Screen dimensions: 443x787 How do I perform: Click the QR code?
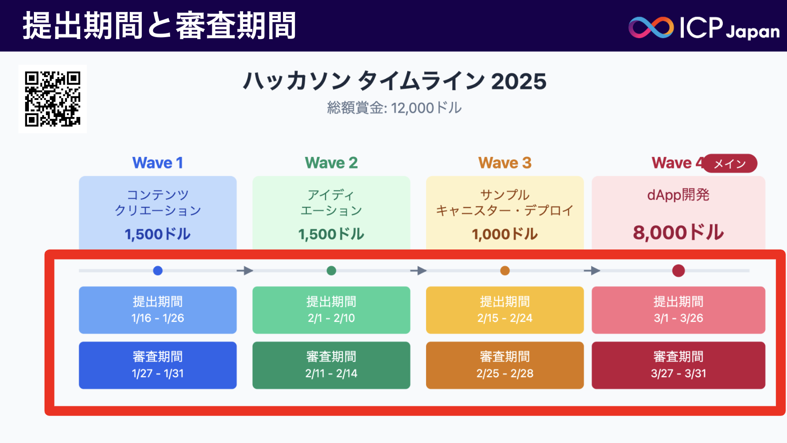[53, 99]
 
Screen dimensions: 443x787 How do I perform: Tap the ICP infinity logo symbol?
[651, 28]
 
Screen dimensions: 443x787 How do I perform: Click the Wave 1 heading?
[157, 163]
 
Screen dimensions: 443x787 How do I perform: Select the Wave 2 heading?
[331, 163]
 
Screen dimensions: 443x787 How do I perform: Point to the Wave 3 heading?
[504, 163]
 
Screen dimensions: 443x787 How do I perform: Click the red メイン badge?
[730, 164]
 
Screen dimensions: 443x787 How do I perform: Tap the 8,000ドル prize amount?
[678, 233]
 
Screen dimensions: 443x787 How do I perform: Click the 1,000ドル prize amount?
[504, 234]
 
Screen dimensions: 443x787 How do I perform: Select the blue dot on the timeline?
[158, 271]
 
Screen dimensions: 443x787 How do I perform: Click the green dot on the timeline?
[331, 271]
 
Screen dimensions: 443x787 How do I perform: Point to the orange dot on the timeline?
[505, 271]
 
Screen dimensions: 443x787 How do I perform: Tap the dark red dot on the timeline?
[678, 271]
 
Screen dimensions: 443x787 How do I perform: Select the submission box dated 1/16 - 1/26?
[158, 310]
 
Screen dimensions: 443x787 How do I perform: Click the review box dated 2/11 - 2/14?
[331, 365]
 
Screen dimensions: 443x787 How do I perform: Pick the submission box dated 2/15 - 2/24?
[504, 310]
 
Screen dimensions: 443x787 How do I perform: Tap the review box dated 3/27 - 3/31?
[678, 365]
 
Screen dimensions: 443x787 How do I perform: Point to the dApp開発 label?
[678, 195]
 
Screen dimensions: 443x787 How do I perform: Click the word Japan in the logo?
[753, 31]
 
